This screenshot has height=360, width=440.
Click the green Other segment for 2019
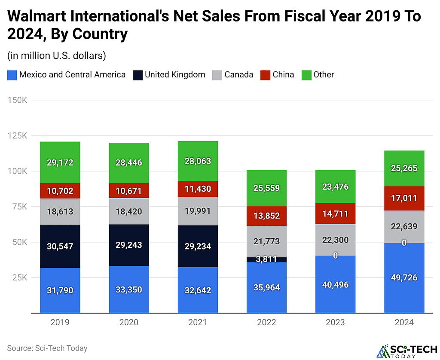(60, 162)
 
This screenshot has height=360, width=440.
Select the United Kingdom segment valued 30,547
(60, 246)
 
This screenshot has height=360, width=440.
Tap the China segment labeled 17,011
(404, 198)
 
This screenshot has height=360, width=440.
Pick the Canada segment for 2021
(198, 211)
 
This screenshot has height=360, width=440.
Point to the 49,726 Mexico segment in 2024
(404, 277)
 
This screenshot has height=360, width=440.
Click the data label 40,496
(335, 285)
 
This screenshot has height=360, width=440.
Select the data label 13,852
(266, 216)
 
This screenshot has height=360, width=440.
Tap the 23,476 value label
(335, 187)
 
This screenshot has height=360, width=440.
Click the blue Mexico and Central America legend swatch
(12, 75)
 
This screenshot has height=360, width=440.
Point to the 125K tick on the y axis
(18, 135)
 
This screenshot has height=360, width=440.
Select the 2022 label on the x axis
(266, 323)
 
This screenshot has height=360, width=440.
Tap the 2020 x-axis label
(129, 323)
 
